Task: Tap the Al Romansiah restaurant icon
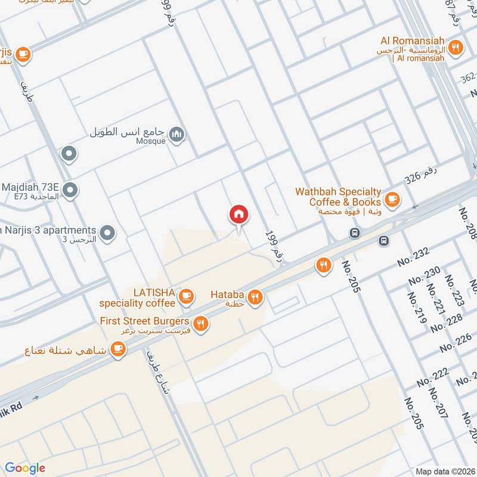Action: [456, 48]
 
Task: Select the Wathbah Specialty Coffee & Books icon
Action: [392, 200]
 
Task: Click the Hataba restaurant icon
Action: [255, 296]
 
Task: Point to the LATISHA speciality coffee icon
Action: [187, 295]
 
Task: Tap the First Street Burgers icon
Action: [202, 324]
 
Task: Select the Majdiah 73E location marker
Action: [70, 190]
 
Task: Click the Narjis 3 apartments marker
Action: [107, 232]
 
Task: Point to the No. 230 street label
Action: [424, 276]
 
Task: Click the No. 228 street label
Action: [447, 321]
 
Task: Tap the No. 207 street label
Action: [441, 404]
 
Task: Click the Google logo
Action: [24, 468]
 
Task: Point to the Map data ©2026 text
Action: [444, 471]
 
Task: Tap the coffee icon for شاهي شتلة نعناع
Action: [117, 348]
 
